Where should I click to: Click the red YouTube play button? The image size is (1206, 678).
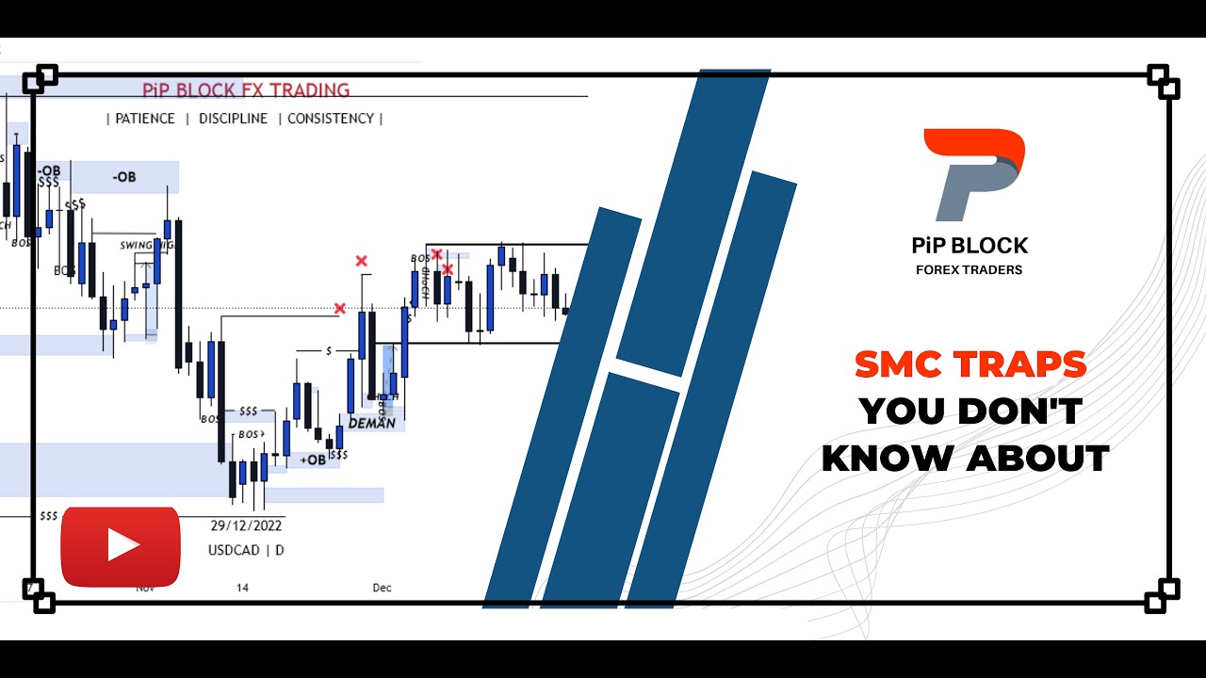(121, 546)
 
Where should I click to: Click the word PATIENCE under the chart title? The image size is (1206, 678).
(145, 119)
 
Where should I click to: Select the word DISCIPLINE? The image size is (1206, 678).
(233, 119)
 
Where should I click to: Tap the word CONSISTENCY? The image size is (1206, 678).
(331, 119)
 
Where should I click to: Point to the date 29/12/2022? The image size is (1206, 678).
(246, 525)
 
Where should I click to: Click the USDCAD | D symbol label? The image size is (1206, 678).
(246, 550)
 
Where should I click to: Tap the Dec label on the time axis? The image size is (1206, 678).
(382, 588)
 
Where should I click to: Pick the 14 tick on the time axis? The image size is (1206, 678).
(242, 588)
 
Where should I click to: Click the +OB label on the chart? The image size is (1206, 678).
(312, 460)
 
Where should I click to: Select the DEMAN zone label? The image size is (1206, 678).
(371, 423)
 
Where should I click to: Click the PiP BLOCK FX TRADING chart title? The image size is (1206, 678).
(246, 90)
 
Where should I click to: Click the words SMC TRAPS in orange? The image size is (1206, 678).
(970, 364)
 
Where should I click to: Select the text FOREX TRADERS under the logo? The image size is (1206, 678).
(969, 270)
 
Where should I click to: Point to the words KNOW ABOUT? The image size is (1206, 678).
(966, 458)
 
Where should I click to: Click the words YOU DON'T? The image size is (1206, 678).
(970, 412)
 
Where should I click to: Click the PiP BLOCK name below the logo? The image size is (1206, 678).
(970, 246)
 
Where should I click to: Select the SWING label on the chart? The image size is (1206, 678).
(137, 245)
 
